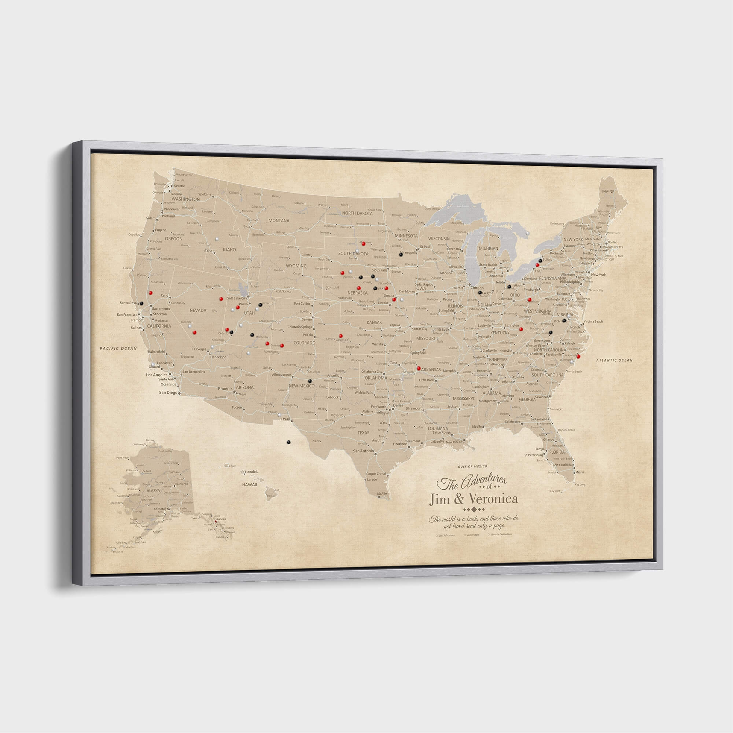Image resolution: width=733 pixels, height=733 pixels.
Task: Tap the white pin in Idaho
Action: point(217,239)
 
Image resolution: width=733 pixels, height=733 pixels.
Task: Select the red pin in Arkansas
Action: point(419,368)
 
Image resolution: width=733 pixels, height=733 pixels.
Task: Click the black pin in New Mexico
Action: point(310,380)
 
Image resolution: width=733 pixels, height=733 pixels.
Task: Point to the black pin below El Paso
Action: point(288,442)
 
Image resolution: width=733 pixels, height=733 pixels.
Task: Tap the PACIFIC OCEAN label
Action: point(118,348)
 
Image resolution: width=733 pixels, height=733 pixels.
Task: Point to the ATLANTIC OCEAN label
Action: point(614,360)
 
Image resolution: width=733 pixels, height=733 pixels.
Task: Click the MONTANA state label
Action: point(279,220)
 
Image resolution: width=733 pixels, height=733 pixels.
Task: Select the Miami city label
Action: point(580,473)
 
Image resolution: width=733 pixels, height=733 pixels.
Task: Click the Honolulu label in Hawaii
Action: point(251,472)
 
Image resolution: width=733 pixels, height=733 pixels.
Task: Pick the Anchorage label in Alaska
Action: point(161,509)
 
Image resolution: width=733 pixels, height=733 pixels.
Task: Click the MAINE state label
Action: point(608,192)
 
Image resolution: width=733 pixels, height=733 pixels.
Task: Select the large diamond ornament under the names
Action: point(473,509)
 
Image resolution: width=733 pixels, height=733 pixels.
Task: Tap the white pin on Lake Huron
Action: point(528,233)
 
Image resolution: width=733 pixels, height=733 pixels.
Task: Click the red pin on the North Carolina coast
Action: point(578,356)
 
